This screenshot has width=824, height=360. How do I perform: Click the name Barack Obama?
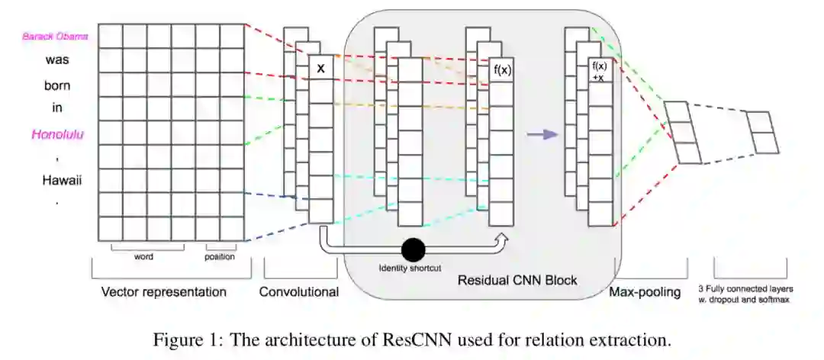[55, 37]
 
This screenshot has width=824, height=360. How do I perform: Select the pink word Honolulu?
[57, 134]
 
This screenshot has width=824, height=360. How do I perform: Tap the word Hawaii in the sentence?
[57, 181]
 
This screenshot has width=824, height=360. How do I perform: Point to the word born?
[57, 85]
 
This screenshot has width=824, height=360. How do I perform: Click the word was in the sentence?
[57, 60]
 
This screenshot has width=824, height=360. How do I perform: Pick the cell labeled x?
[321, 68]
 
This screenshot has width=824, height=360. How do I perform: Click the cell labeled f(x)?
[501, 70]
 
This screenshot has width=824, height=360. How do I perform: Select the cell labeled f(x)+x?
[600, 70]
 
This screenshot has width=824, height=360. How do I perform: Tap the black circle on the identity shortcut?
[413, 249]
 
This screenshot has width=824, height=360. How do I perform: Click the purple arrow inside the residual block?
[542, 134]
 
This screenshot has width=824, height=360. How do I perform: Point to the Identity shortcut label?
[410, 268]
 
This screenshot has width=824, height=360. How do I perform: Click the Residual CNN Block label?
[517, 280]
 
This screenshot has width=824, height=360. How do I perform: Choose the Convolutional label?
[299, 291]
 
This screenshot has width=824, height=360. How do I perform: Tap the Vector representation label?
[164, 291]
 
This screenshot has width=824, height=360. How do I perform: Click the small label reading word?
[143, 257]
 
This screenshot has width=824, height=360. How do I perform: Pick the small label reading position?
[220, 257]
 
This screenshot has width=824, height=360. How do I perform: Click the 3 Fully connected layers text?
[746, 289]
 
